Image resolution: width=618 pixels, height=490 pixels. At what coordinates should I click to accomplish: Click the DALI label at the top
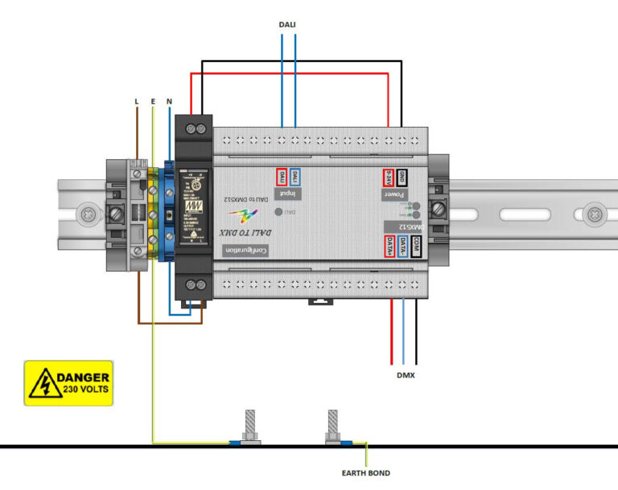tap(287, 25)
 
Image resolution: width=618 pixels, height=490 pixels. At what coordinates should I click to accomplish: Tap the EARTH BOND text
tap(366, 473)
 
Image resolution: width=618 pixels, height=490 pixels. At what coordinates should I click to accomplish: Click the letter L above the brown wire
tap(137, 101)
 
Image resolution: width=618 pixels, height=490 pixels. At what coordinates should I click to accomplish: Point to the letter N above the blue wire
tap(168, 101)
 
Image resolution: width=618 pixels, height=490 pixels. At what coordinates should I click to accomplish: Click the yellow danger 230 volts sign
tap(68, 383)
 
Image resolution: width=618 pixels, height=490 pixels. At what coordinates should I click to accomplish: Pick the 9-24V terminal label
tap(389, 178)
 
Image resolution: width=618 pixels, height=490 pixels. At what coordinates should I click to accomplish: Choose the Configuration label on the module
tap(246, 251)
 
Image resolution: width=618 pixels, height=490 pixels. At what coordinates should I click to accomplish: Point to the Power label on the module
tap(395, 195)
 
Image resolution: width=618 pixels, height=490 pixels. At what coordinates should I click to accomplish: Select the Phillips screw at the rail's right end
tap(594, 214)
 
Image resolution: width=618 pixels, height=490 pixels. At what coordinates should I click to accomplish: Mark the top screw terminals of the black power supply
tap(194, 127)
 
